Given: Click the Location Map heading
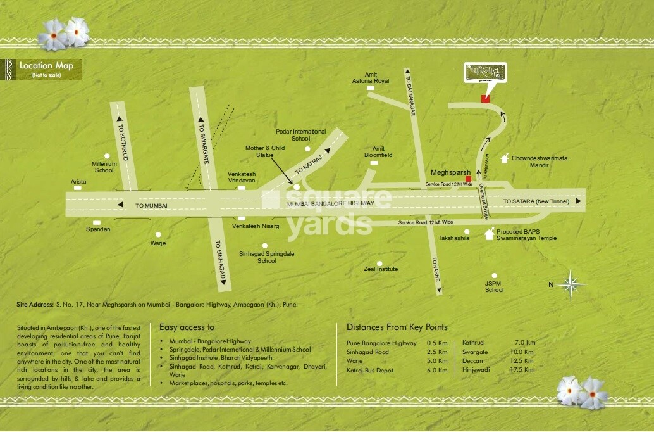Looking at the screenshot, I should click(x=46, y=66).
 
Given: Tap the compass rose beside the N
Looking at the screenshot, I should click(x=571, y=284).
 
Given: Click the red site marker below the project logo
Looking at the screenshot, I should click(x=485, y=98).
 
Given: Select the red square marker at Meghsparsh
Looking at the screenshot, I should click(x=468, y=180).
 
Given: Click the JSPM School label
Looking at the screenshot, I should click(x=494, y=286).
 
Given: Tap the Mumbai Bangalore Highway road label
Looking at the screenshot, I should click(x=331, y=203).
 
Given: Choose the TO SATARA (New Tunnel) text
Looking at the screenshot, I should click(x=536, y=201).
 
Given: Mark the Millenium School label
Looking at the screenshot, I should click(x=104, y=167).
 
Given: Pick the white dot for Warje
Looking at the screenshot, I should click(x=157, y=232).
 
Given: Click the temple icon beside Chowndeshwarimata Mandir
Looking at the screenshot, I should click(x=504, y=158).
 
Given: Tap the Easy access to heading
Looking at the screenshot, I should click(x=187, y=327).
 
